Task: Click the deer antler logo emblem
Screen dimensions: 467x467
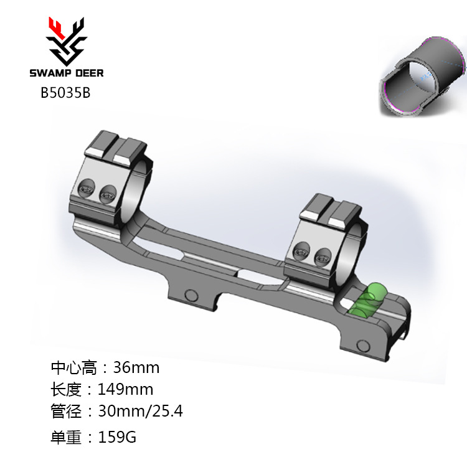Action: coord(66,40)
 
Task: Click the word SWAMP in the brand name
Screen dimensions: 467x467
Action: coord(47,73)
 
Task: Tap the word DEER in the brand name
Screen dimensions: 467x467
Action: coord(86,73)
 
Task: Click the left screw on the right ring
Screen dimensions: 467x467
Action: coord(302,251)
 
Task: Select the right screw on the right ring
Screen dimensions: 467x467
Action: coord(322,254)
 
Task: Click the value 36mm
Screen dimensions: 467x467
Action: coord(136,367)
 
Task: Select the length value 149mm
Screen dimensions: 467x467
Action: coord(126,390)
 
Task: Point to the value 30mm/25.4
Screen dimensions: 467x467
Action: coord(141,412)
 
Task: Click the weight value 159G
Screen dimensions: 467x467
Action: coord(118,437)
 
